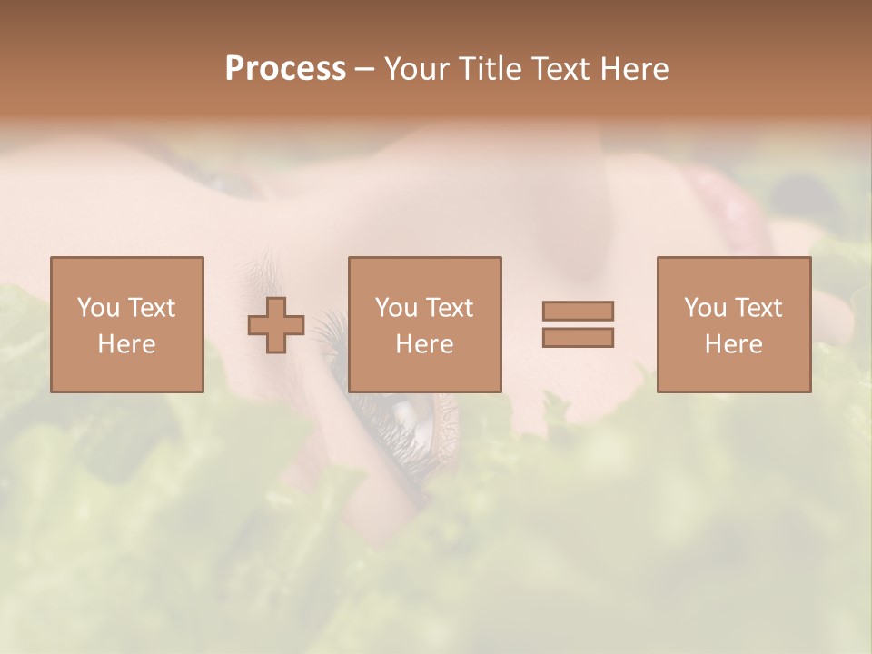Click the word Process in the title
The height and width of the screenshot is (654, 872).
click(x=285, y=69)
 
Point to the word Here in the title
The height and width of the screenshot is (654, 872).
click(x=635, y=69)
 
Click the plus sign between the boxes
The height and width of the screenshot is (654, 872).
click(x=276, y=325)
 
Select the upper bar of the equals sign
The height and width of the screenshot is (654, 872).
click(x=578, y=311)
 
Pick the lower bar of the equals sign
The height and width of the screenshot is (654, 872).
click(x=578, y=338)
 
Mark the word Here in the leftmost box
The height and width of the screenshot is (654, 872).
click(x=126, y=344)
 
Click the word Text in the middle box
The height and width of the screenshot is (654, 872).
click(x=450, y=308)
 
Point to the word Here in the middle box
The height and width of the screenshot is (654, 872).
click(x=424, y=344)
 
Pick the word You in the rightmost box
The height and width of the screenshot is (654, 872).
click(x=705, y=308)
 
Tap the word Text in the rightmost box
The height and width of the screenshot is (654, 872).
click(x=758, y=308)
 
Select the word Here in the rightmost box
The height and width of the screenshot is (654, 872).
click(x=733, y=344)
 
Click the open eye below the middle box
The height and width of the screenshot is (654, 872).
click(x=412, y=419)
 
